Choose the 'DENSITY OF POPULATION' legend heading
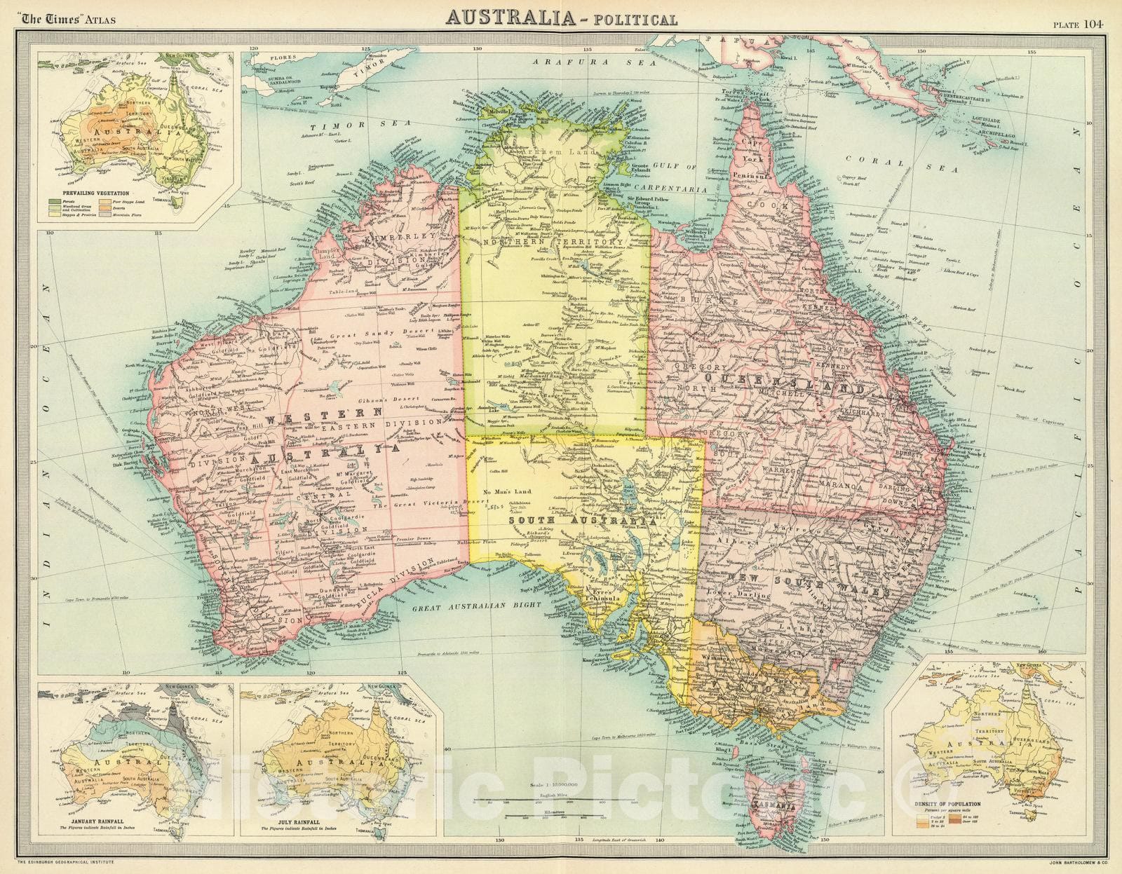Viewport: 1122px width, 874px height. pos(954,805)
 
